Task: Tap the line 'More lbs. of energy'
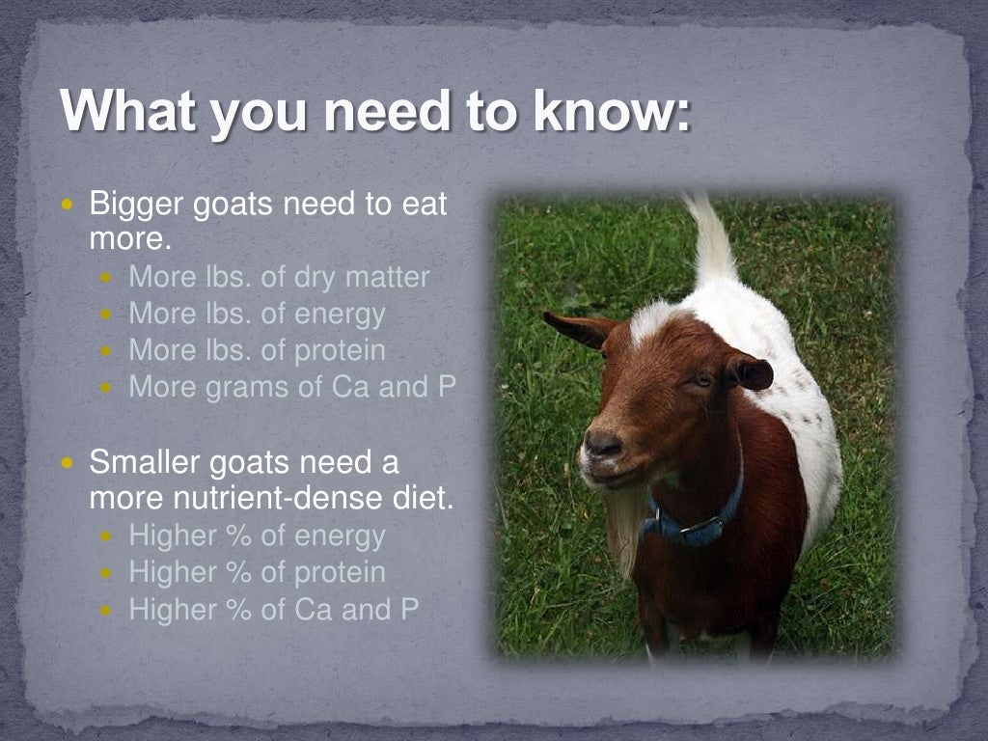(257, 315)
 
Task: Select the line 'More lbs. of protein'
(257, 350)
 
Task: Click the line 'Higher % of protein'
(257, 572)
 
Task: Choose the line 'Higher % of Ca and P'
(273, 609)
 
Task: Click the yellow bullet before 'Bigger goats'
(68, 206)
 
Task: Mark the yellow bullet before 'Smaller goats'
(68, 463)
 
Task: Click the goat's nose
(602, 445)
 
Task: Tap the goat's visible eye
(700, 381)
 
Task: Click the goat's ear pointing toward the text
(580, 328)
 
